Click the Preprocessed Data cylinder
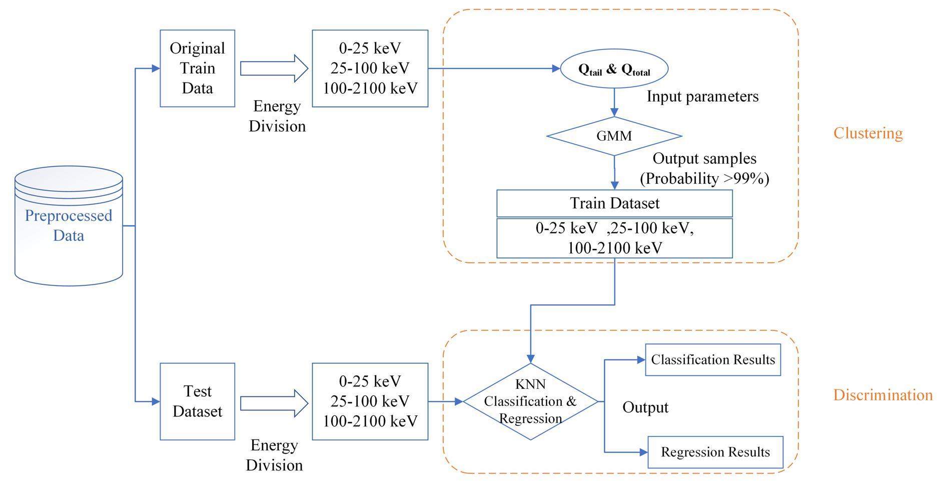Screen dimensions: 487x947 coord(69,226)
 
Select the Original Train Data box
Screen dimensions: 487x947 coord(197,68)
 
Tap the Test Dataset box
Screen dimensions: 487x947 coord(197,401)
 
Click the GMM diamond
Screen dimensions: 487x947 coord(614,136)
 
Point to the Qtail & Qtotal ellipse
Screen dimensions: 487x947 coord(614,70)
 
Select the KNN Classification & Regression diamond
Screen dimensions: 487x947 coord(530,401)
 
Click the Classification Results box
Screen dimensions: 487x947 coord(713,359)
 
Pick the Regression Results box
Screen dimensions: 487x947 coord(715,452)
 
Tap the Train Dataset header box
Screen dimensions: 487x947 coord(614,203)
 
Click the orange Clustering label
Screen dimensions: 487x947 coord(868,133)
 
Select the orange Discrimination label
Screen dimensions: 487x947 coord(883,395)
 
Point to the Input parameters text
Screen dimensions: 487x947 coord(702,96)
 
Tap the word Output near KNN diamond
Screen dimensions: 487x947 coord(645,407)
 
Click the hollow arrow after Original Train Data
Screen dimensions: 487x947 coord(274,68)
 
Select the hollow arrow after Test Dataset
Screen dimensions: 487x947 coord(274,403)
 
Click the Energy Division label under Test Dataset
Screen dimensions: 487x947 coord(274,455)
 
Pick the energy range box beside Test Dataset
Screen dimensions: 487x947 coord(370,401)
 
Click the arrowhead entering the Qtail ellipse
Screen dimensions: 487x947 coord(556,69)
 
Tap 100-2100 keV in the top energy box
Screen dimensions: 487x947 coord(370,89)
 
